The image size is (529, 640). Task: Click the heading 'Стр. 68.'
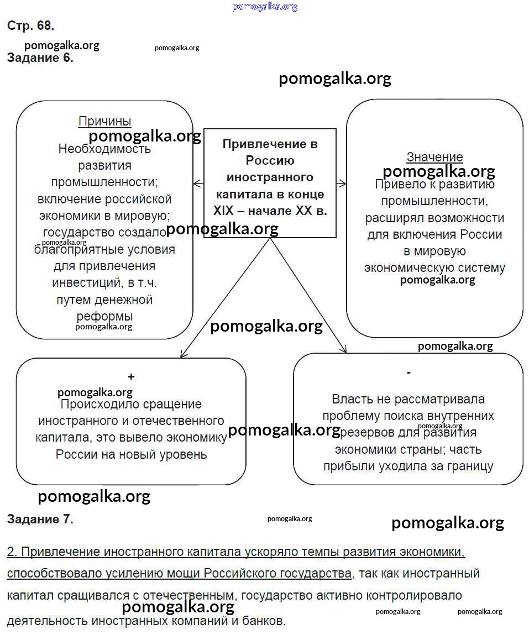click(x=30, y=25)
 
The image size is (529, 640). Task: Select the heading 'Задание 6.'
click(x=40, y=58)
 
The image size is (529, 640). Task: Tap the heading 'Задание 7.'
click(x=40, y=519)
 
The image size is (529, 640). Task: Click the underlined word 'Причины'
click(x=104, y=121)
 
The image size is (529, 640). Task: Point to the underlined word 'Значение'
click(x=434, y=157)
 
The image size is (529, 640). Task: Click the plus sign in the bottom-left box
click(x=131, y=377)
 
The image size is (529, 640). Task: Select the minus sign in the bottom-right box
click(x=408, y=373)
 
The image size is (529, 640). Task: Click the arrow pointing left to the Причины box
click(x=197, y=183)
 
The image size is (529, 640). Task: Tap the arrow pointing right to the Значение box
click(x=342, y=183)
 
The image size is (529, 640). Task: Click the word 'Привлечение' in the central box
click(x=270, y=144)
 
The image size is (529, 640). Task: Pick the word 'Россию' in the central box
click(x=270, y=161)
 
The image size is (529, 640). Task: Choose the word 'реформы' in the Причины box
click(x=104, y=317)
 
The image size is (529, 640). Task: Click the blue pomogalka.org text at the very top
click(x=265, y=7)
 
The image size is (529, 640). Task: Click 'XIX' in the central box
click(x=224, y=211)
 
